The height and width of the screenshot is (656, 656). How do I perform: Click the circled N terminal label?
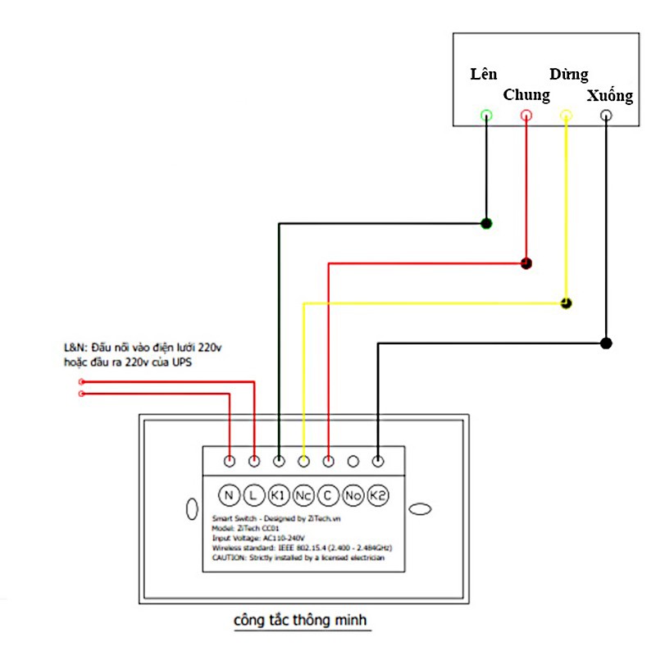[x=229, y=495]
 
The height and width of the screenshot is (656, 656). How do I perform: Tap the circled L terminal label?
[x=253, y=495]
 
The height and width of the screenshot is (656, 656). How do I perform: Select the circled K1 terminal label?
[x=279, y=495]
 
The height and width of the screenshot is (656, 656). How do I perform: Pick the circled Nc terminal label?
[x=303, y=495]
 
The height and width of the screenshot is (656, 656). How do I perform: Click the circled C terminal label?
[x=328, y=495]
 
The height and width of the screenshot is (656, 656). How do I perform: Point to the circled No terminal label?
[x=353, y=495]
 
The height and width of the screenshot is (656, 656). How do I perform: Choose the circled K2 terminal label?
[x=378, y=495]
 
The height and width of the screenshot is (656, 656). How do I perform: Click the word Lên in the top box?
[x=484, y=75]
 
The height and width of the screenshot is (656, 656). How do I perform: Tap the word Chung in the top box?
[x=526, y=95]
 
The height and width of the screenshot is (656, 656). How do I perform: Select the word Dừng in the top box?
[x=568, y=75]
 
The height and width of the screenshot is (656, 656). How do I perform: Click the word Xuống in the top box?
[x=610, y=96]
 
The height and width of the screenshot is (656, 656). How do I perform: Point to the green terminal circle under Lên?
[x=486, y=116]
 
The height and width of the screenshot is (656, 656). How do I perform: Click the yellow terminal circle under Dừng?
[x=565, y=116]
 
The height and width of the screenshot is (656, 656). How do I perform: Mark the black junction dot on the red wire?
[x=526, y=263]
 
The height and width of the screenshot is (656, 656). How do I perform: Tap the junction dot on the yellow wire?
[x=566, y=303]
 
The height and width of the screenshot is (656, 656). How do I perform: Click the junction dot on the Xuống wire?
[x=605, y=343]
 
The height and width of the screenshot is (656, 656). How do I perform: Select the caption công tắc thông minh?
[x=302, y=621]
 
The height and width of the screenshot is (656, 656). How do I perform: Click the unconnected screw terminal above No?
[x=353, y=462]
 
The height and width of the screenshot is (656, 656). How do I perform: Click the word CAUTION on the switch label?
[x=229, y=558]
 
